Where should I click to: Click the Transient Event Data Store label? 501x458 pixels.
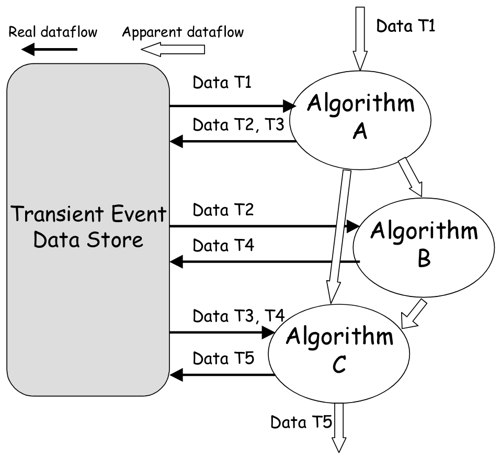pos(88,227)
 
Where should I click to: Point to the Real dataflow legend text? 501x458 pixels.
pos(53,32)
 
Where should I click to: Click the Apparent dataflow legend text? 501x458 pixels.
pos(183,32)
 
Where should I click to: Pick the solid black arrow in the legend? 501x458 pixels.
pos(50,50)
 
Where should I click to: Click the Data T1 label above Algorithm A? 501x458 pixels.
pos(405,26)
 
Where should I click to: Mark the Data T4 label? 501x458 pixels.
pos(223,245)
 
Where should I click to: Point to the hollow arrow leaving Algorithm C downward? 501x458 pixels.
pos(339,426)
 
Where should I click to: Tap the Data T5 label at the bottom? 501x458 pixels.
pos(301,421)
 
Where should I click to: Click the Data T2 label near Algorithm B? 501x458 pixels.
pos(223,210)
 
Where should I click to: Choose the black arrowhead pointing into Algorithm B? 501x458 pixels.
pos(352,226)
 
